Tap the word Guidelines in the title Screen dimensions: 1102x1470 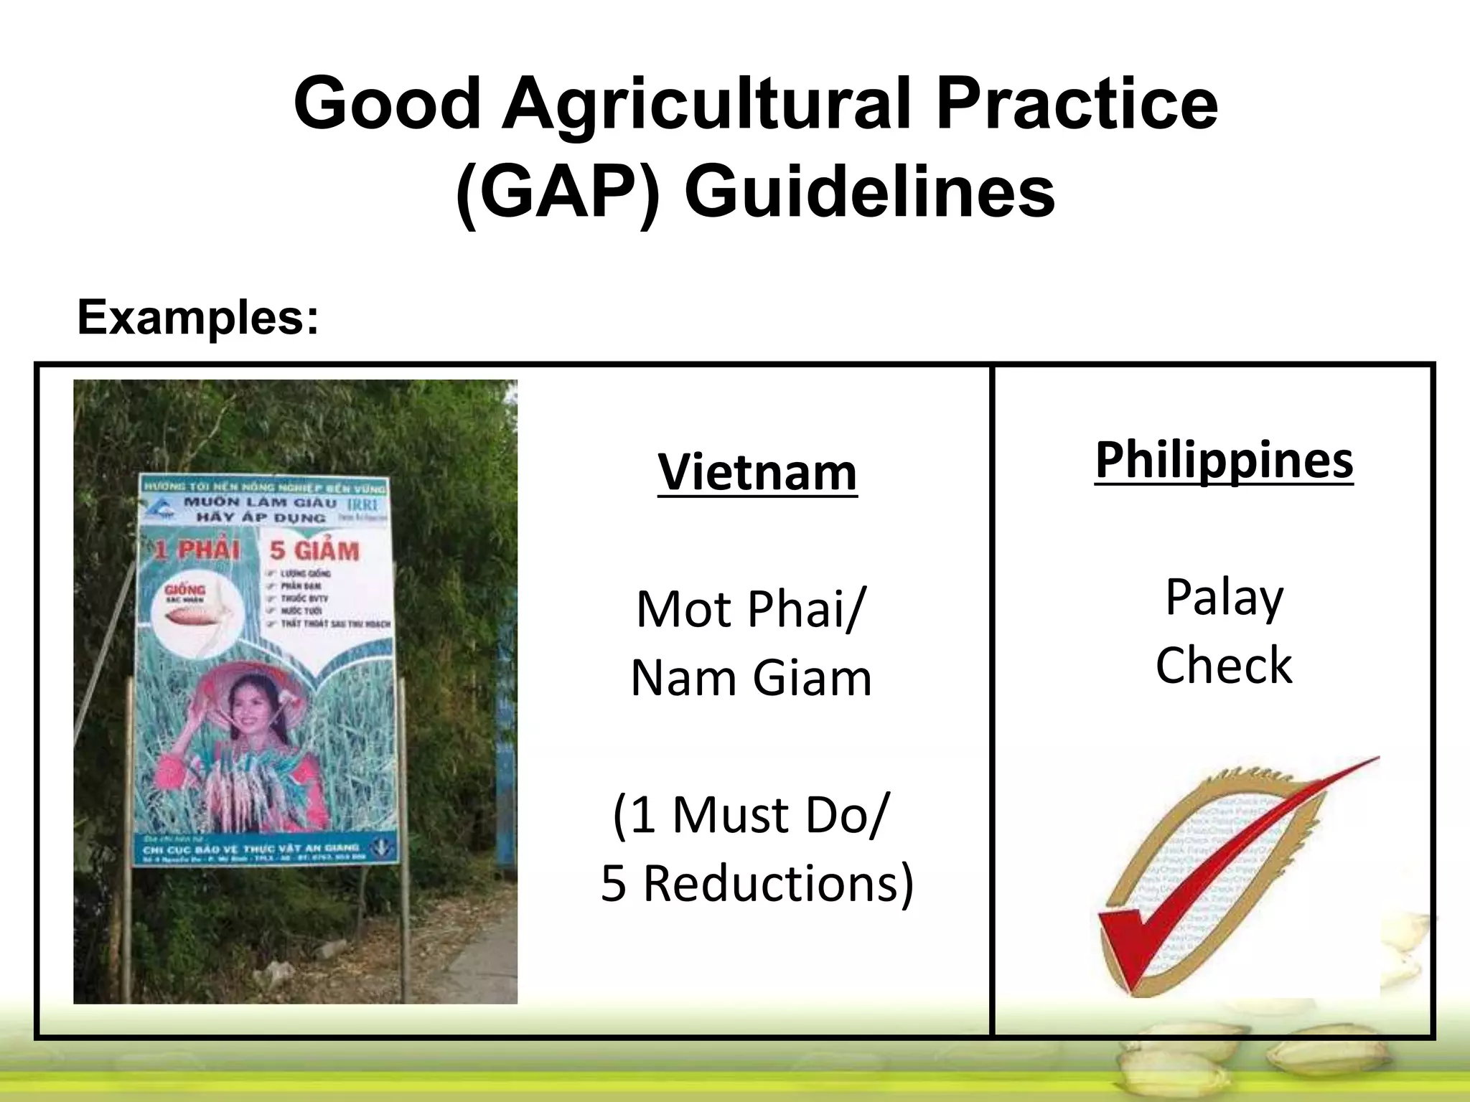tap(869, 192)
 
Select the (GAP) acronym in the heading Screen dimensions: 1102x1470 tap(557, 192)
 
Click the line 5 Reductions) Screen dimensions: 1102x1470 tap(757, 883)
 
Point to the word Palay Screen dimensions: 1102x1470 tap(1224, 597)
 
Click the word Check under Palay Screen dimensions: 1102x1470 tap(1224, 665)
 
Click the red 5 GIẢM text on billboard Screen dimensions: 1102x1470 tap(314, 551)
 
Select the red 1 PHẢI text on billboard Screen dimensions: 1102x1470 tap(197, 550)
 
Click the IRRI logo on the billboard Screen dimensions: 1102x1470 tap(362, 504)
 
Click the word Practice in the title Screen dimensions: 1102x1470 tap(1077, 104)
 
